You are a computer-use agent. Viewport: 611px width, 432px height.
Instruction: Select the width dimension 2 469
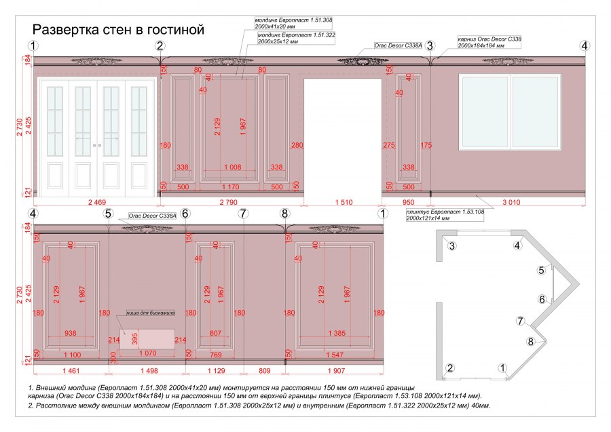pyautogui.click(x=96, y=202)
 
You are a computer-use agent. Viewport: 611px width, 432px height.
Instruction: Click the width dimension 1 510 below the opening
pyautogui.click(x=343, y=202)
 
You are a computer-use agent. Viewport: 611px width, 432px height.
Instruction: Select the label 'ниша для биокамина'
pyautogui.click(x=151, y=313)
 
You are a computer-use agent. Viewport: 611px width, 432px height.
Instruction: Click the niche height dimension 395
pyautogui.click(x=134, y=337)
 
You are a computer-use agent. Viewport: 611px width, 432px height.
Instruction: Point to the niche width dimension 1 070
pyautogui.click(x=147, y=354)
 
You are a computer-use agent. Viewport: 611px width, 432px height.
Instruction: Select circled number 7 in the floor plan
pyautogui.click(x=521, y=321)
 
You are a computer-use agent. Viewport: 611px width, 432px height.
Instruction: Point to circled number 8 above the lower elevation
pyautogui.click(x=284, y=214)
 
